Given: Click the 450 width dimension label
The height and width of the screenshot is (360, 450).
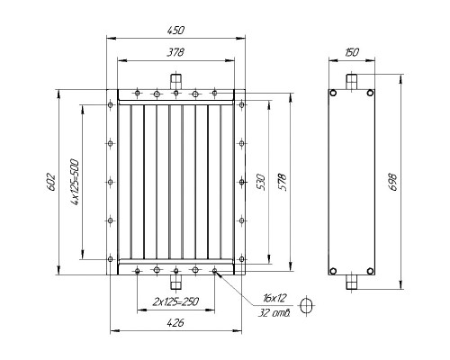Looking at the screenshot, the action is click(x=175, y=31).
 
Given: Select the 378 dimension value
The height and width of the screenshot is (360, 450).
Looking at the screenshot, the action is click(x=175, y=52).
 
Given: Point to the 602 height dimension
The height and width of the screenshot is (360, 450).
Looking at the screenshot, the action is click(x=51, y=182).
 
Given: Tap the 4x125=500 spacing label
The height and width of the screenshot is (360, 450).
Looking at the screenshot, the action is click(x=75, y=182).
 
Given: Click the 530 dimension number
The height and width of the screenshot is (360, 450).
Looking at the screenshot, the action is click(x=261, y=182).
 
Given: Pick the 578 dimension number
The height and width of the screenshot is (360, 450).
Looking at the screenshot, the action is click(x=283, y=182).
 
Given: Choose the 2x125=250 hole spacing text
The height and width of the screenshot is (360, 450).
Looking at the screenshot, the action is click(x=175, y=301).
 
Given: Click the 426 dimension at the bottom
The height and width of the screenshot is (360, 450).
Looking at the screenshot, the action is click(x=175, y=323).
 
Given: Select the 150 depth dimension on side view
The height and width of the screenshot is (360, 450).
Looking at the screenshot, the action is click(x=352, y=52).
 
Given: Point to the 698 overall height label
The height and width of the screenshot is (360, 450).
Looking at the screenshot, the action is click(x=392, y=182).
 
